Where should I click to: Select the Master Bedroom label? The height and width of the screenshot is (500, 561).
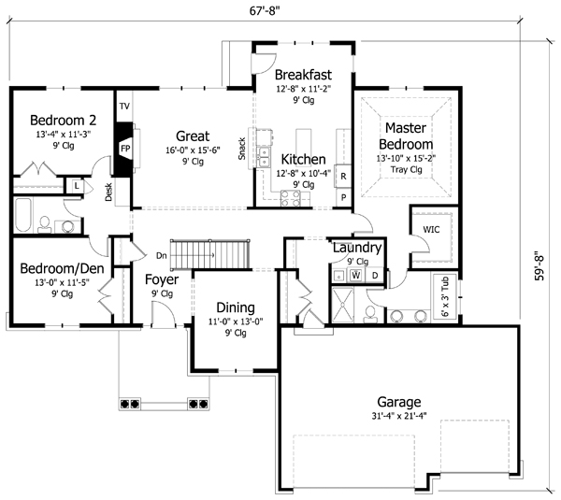pos(406,136)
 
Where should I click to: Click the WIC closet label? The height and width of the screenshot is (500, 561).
pos(432,228)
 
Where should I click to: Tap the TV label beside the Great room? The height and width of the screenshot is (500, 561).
pos(123,107)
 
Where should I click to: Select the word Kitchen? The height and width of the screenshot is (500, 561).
pos(303,160)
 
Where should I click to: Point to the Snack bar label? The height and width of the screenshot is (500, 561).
pos(241,148)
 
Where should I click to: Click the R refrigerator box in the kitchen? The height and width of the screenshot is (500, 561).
pos(343,176)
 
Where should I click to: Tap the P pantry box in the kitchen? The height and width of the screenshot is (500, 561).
pos(343,197)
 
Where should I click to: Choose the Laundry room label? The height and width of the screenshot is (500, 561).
pos(356,248)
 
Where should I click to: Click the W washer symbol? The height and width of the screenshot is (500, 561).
pos(355,275)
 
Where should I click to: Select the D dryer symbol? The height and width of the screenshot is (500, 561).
pos(374,275)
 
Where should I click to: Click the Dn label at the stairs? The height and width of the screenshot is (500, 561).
pos(161,255)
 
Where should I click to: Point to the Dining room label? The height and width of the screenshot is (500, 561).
pos(235,307)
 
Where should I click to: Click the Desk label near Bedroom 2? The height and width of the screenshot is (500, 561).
pos(108,192)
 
